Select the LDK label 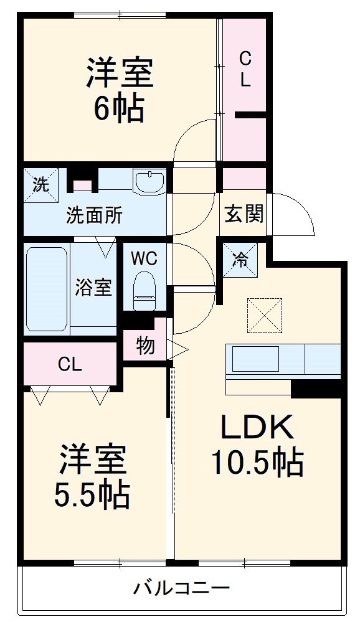tap(256, 428)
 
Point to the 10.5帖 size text tap(257, 462)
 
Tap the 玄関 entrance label tap(244, 214)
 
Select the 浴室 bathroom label tap(93, 288)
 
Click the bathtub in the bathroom tap(47, 288)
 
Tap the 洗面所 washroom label tap(95, 215)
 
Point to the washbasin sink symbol tap(149, 181)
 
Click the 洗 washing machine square tap(40, 184)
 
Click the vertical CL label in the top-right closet tap(245, 69)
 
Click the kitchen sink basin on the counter tap(256, 359)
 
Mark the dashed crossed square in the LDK tap(265, 315)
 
